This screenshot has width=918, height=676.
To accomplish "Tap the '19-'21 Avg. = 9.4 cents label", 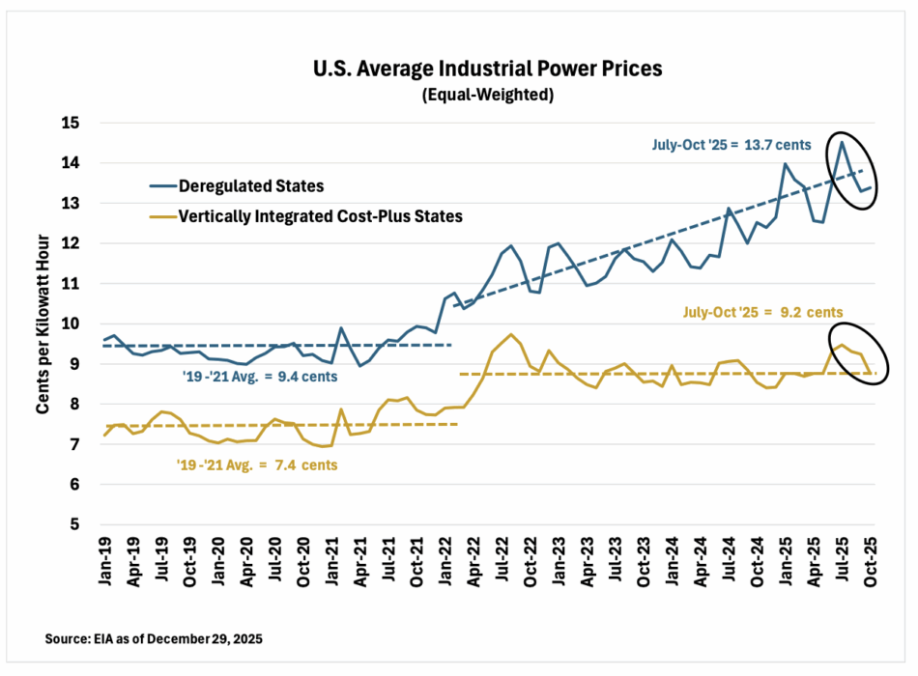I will (x=260, y=376).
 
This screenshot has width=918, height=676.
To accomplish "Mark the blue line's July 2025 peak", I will (x=842, y=142).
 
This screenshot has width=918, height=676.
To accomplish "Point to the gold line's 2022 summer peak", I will (x=511, y=334).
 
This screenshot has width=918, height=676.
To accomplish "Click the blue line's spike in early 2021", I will (x=341, y=327).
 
